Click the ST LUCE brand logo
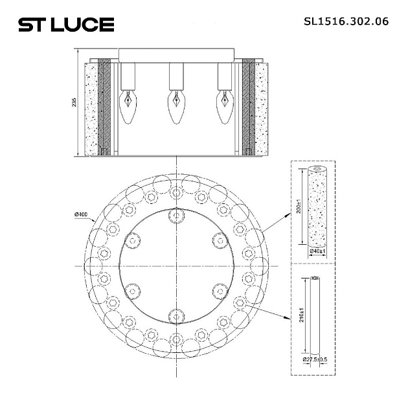(65, 25)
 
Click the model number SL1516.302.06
(346, 21)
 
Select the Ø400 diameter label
(82, 214)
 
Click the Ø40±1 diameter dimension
(317, 251)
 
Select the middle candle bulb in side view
(174, 107)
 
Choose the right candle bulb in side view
(224, 107)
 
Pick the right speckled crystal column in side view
(262, 108)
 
